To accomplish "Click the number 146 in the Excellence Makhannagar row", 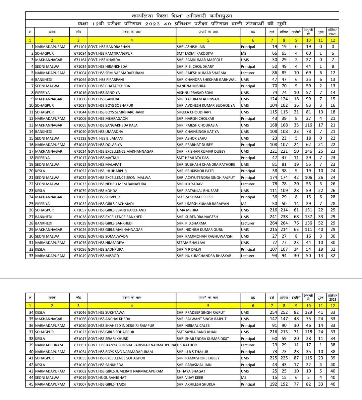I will [308, 151].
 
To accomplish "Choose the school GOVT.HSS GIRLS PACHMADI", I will [111, 204].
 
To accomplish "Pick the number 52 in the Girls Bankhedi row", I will [321, 223].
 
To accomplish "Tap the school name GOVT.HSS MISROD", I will [103, 256].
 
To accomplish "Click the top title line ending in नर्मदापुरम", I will [182, 16].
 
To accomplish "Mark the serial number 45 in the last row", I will [31, 384].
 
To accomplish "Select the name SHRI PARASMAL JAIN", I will [194, 365].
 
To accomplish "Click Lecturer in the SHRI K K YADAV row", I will [248, 184].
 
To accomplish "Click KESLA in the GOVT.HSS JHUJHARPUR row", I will [40, 171].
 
